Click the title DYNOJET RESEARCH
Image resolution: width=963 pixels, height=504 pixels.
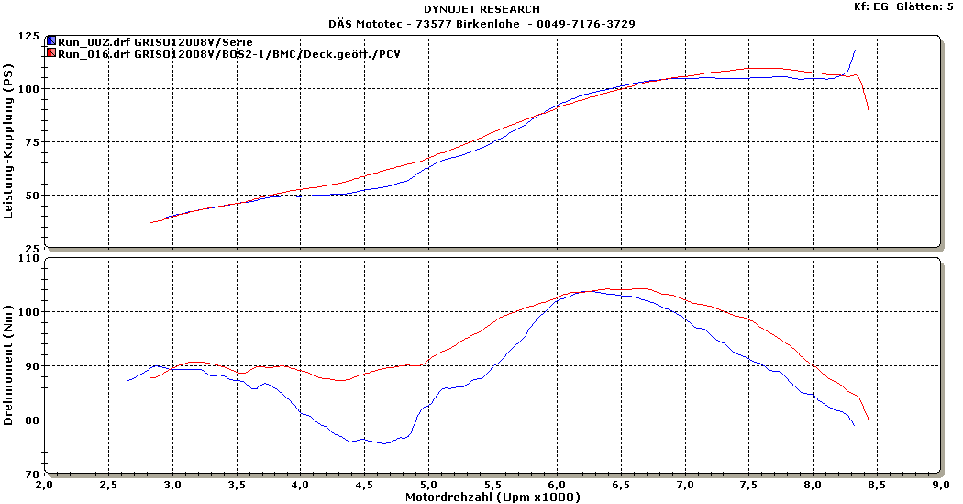pos(481,9)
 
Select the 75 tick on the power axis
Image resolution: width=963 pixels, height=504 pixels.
pos(31,142)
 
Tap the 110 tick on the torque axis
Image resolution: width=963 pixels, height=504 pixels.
pos(28,259)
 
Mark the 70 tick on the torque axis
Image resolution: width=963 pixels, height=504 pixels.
pos(31,474)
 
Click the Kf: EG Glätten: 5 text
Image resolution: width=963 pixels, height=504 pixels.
pos(903,6)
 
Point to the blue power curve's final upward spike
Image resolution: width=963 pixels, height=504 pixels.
pos(855,51)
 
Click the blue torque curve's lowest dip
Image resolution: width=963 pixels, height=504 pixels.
pos(385,443)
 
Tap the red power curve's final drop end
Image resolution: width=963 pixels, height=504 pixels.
pos(869,111)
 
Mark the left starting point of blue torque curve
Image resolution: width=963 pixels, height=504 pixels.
pos(127,380)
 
